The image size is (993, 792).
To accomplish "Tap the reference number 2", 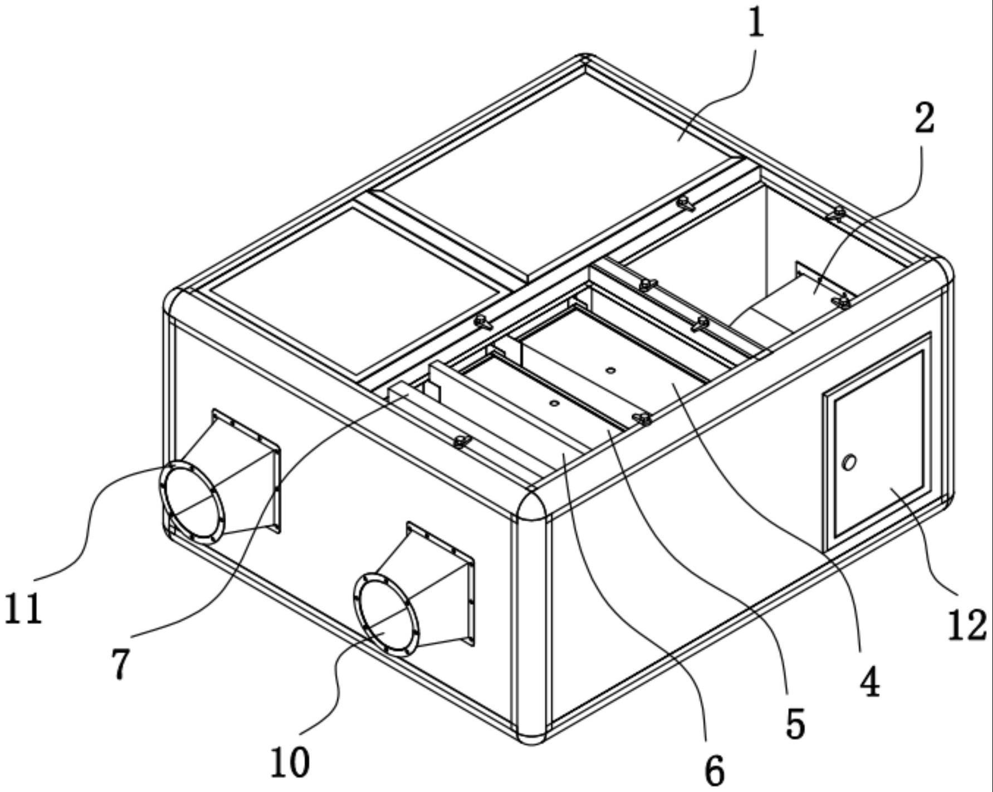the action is coord(924,119).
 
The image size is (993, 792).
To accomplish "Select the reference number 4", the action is coord(869,682).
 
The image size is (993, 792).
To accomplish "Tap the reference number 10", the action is coord(290,762).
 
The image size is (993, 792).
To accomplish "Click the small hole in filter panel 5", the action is coord(553,403).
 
